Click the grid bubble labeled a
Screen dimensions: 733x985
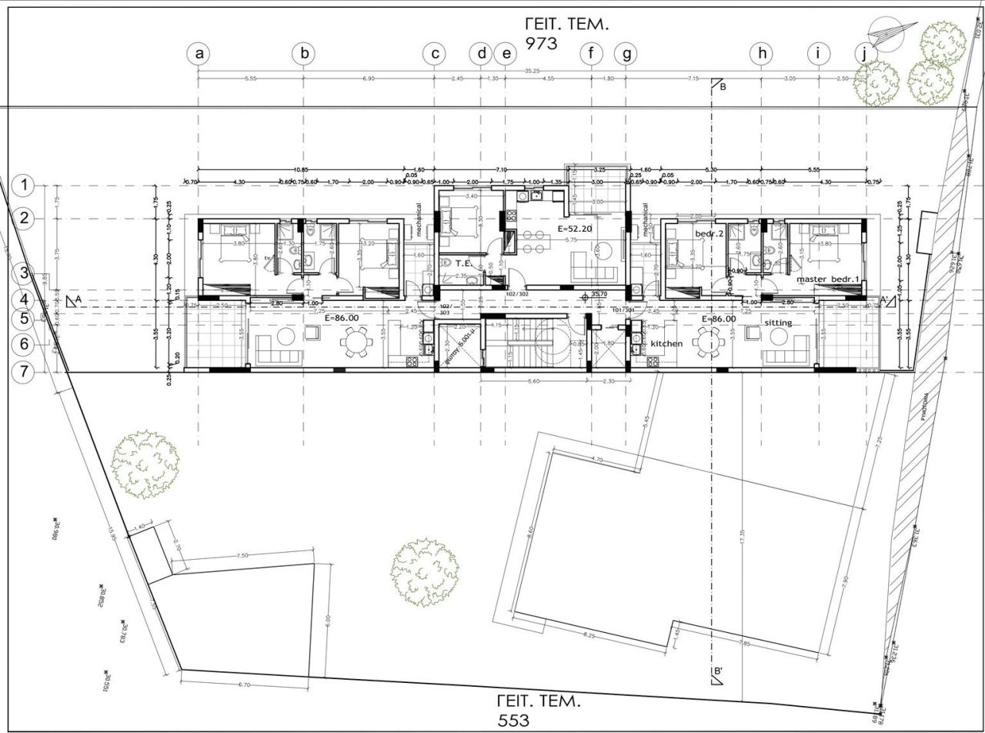coord(199,54)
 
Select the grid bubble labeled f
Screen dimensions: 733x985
coord(591,54)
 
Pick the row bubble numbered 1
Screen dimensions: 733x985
coord(25,185)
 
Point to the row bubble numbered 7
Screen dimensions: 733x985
coord(25,372)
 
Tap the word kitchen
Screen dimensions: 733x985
coord(666,343)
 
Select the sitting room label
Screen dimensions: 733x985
coord(779,323)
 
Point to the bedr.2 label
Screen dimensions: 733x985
coord(706,233)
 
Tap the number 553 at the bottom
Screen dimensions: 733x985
coord(513,721)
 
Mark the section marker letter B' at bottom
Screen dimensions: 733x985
coord(718,672)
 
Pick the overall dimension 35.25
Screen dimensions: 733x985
coord(532,72)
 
